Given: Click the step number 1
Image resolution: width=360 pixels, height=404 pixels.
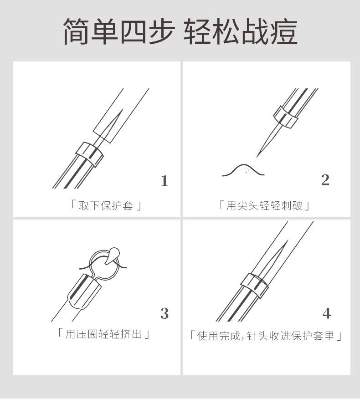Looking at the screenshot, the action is [x=164, y=181].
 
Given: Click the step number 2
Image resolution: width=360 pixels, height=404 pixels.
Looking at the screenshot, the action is [x=325, y=180].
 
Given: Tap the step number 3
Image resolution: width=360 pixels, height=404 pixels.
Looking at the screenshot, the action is [x=165, y=313].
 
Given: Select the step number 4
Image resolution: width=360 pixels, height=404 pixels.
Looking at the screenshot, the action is [x=326, y=313].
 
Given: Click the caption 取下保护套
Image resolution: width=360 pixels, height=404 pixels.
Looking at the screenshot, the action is [x=106, y=206].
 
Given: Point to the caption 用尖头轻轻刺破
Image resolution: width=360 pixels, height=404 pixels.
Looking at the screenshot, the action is [x=264, y=205].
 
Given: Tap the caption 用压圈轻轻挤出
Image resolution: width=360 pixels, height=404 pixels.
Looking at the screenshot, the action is [x=103, y=334].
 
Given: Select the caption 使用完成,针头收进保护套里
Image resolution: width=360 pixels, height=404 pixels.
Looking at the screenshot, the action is [x=266, y=336].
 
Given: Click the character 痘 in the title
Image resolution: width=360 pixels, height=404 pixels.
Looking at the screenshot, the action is [x=284, y=31].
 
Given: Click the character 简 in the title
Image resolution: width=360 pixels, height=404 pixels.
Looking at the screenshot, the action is [x=77, y=31].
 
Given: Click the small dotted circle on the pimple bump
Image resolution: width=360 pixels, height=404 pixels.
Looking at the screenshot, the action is [x=246, y=170].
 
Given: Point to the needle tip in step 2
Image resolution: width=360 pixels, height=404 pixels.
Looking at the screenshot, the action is [x=257, y=157].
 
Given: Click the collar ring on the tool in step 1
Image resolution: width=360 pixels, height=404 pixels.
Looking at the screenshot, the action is [x=90, y=154].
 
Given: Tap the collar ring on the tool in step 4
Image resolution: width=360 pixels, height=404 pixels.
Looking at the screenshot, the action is [x=255, y=286].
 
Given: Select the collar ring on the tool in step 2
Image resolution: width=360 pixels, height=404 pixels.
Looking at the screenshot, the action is [x=286, y=117].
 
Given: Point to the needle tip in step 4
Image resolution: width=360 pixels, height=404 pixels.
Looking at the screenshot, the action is [x=288, y=240].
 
